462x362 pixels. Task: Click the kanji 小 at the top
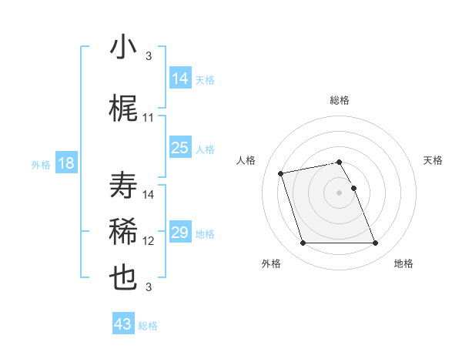pos(124,47)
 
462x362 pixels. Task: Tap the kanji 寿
pos(124,186)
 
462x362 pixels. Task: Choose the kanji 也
pos(124,278)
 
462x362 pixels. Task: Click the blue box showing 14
pos(180,78)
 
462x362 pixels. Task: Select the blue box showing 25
pos(180,148)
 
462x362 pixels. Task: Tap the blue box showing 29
pos(180,233)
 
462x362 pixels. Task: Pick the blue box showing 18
pos(65,163)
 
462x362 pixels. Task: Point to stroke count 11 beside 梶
pos(149,118)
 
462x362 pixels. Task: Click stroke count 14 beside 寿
pos(149,195)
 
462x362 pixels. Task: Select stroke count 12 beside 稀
pos(149,241)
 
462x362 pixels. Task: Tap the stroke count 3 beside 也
pos(149,287)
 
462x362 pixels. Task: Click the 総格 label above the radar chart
pos(340,100)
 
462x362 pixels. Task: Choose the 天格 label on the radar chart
pos(434,160)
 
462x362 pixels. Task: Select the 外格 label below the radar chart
pos(271,263)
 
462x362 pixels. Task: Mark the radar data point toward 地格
pos(375,243)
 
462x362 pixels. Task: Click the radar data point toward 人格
pos(281,173)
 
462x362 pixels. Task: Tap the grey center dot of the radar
pos(340,192)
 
